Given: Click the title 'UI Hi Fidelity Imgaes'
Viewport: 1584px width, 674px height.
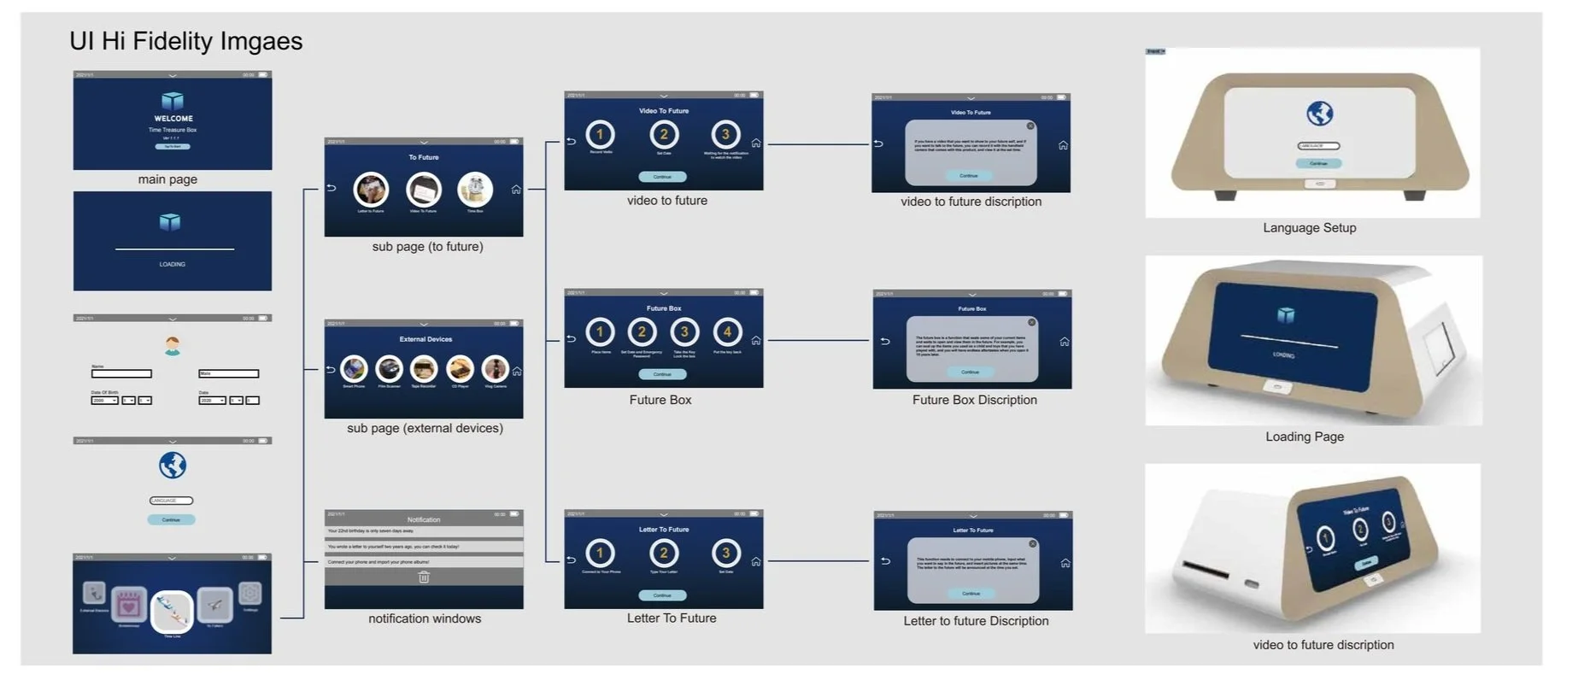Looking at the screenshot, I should click(x=186, y=41).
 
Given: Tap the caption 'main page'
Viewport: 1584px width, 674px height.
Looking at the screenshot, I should click(x=167, y=179).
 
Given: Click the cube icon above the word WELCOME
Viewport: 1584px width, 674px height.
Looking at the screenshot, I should click(x=173, y=101).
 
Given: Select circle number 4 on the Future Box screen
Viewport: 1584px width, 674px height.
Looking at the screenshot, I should click(x=727, y=332).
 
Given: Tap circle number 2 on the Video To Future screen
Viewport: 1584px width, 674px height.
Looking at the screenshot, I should click(x=664, y=134).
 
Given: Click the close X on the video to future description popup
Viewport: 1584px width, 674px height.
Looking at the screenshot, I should click(x=1030, y=126).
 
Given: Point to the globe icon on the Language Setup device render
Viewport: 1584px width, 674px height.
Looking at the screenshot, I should click(x=1320, y=114).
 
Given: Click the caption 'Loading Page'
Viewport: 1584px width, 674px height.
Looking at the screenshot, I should click(x=1305, y=437).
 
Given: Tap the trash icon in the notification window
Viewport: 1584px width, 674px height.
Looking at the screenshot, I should click(x=424, y=577).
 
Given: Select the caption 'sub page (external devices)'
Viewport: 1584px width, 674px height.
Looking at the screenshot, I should click(x=425, y=428).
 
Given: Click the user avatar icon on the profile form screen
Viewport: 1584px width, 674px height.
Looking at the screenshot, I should click(x=173, y=345).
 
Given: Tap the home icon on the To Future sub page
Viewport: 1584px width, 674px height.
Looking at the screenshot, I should click(x=516, y=190).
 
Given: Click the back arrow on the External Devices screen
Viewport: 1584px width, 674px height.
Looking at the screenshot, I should click(x=331, y=370).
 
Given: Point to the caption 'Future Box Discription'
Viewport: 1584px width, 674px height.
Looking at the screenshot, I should click(x=974, y=400).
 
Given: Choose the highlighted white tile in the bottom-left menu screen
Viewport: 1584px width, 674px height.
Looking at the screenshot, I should click(x=171, y=611).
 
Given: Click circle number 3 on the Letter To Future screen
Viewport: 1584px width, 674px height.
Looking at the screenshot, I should click(x=725, y=553).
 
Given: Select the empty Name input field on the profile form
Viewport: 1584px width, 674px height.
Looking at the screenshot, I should click(x=121, y=374).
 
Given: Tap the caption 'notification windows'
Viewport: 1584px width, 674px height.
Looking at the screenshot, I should click(x=425, y=618).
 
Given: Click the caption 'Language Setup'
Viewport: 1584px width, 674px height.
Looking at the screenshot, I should click(x=1309, y=228).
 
